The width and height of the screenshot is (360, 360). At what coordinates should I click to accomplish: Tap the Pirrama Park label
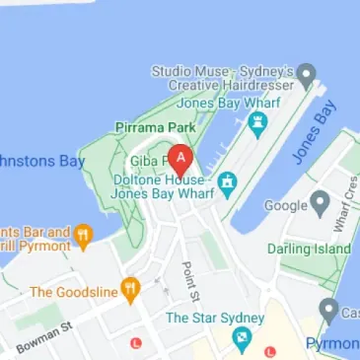tap(156, 128)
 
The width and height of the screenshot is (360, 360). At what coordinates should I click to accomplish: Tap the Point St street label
tap(190, 282)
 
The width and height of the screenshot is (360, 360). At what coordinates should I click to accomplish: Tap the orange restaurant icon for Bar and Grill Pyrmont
tap(83, 236)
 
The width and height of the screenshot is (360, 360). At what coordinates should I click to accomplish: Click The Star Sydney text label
tap(214, 318)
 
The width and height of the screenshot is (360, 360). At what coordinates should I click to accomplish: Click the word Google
tap(287, 205)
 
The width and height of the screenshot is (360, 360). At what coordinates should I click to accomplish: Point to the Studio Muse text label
tap(224, 78)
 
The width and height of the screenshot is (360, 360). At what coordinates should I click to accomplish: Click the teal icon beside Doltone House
tap(228, 182)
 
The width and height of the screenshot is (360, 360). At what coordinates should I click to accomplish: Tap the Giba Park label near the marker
tap(148, 161)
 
